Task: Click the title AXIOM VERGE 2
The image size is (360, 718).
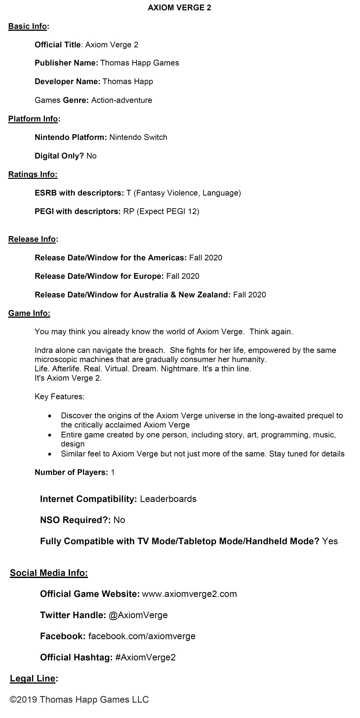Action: [179, 8]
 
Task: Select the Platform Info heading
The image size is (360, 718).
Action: [33, 119]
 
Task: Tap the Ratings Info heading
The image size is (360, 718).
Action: [33, 174]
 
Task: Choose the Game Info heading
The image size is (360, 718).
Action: [29, 313]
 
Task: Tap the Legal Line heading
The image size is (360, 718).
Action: [33, 678]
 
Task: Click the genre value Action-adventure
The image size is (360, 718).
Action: [122, 100]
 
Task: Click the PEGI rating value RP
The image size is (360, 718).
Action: [129, 211]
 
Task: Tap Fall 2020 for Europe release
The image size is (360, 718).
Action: [183, 276]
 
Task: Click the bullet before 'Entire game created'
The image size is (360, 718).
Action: [50, 435]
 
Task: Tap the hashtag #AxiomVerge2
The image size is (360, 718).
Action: [145, 657]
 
